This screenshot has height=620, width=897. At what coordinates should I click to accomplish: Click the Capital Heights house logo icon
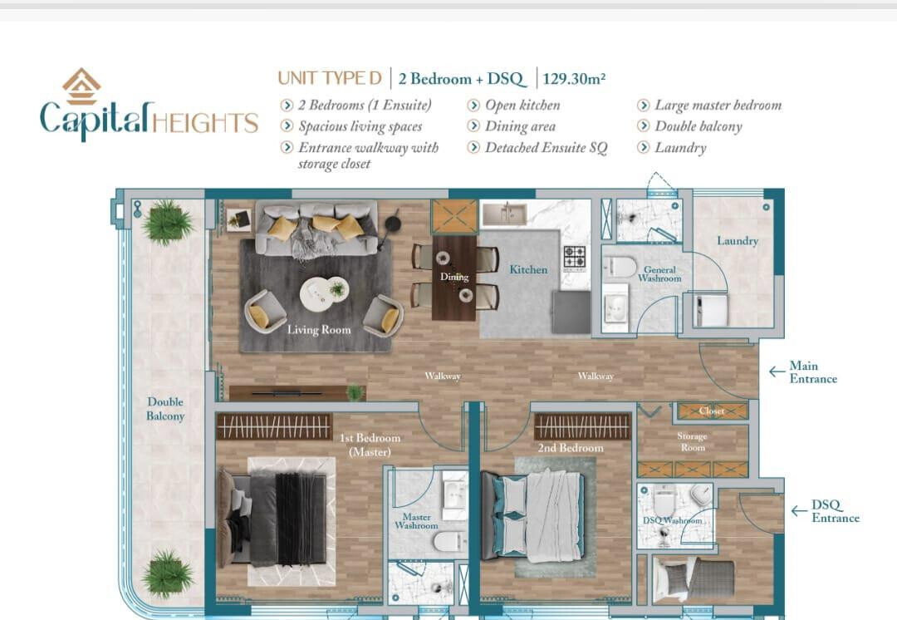click(81, 86)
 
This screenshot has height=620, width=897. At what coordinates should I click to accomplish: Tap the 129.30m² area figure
click(574, 78)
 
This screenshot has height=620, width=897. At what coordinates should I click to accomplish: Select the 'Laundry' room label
click(738, 241)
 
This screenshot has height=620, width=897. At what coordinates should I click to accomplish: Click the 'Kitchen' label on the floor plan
click(528, 269)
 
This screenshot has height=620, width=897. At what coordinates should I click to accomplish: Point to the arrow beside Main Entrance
click(777, 372)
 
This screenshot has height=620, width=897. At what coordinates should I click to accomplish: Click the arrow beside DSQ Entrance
click(799, 510)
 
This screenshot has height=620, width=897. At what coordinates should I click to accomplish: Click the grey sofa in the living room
click(316, 227)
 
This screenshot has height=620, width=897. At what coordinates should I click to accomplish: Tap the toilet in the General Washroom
click(620, 267)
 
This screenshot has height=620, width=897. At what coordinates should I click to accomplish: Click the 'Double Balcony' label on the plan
click(165, 409)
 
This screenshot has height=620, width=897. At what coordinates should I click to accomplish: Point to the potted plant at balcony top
click(166, 222)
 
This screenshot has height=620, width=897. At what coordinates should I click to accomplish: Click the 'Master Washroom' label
click(416, 521)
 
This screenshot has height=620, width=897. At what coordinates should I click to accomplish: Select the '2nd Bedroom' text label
click(571, 448)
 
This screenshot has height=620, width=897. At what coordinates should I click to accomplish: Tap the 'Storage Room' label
click(692, 441)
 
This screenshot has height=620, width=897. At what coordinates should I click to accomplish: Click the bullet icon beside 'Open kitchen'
click(473, 106)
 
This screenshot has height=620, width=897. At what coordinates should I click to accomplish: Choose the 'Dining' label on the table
click(454, 277)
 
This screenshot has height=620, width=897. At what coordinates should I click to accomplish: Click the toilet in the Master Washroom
click(449, 541)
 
